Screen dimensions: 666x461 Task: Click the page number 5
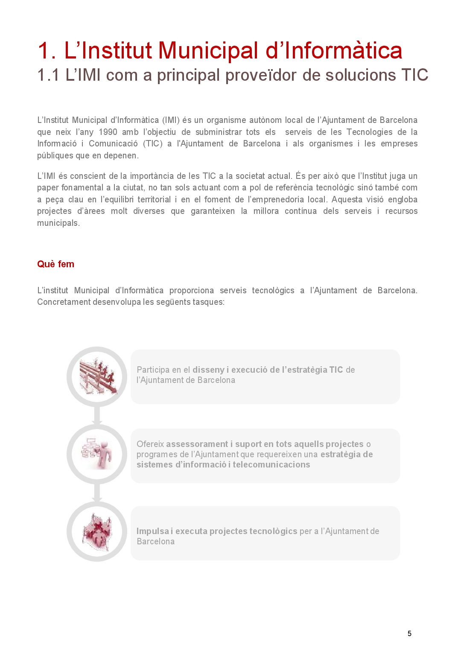pos(409,634)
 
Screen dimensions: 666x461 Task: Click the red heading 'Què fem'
pos(55,264)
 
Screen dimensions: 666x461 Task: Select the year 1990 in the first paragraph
pos(108,132)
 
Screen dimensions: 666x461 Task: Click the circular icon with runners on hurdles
pos(97,377)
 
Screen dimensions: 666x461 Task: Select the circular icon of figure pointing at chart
pos(97,454)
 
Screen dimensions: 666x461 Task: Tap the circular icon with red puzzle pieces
pos(97,532)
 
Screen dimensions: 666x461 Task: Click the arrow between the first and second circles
pos(97,415)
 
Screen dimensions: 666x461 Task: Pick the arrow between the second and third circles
pos(97,493)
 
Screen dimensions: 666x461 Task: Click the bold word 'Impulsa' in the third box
pos(152,531)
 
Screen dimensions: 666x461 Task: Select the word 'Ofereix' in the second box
pos(150,444)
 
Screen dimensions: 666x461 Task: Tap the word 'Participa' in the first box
pos(153,370)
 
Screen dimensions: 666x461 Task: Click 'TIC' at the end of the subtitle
pos(414,75)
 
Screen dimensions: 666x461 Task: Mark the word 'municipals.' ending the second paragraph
pos(58,223)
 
